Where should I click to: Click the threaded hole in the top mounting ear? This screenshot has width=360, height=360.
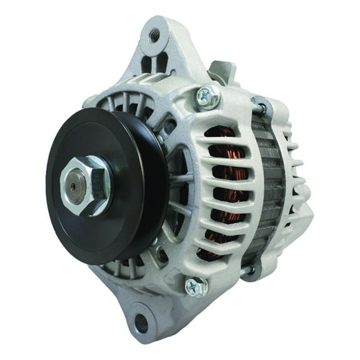(155, 36)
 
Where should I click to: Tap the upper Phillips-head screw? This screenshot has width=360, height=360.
(206, 96)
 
